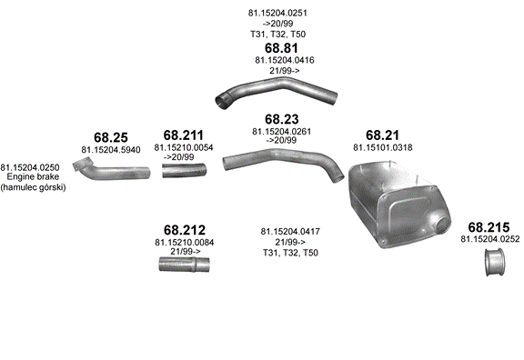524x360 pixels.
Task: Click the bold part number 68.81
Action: tap(281, 48)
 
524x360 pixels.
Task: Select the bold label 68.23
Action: tap(282, 119)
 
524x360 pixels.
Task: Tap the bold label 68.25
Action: tap(111, 137)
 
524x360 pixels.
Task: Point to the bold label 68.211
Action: tap(184, 135)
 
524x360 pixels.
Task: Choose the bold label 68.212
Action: tap(185, 230)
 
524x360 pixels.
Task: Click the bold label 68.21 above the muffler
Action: tap(382, 135)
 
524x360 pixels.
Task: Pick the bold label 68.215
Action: tap(489, 227)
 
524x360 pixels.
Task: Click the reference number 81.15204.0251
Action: tap(277, 13)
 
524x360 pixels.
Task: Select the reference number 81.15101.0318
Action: tap(383, 147)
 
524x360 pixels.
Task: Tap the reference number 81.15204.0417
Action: tap(290, 232)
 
